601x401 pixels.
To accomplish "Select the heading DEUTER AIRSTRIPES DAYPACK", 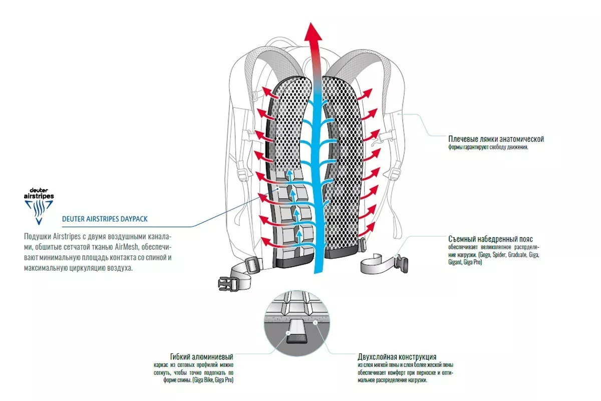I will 105,219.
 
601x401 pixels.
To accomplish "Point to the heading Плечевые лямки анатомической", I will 496,139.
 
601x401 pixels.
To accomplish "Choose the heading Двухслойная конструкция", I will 397,357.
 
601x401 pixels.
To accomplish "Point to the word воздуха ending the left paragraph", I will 119,268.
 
